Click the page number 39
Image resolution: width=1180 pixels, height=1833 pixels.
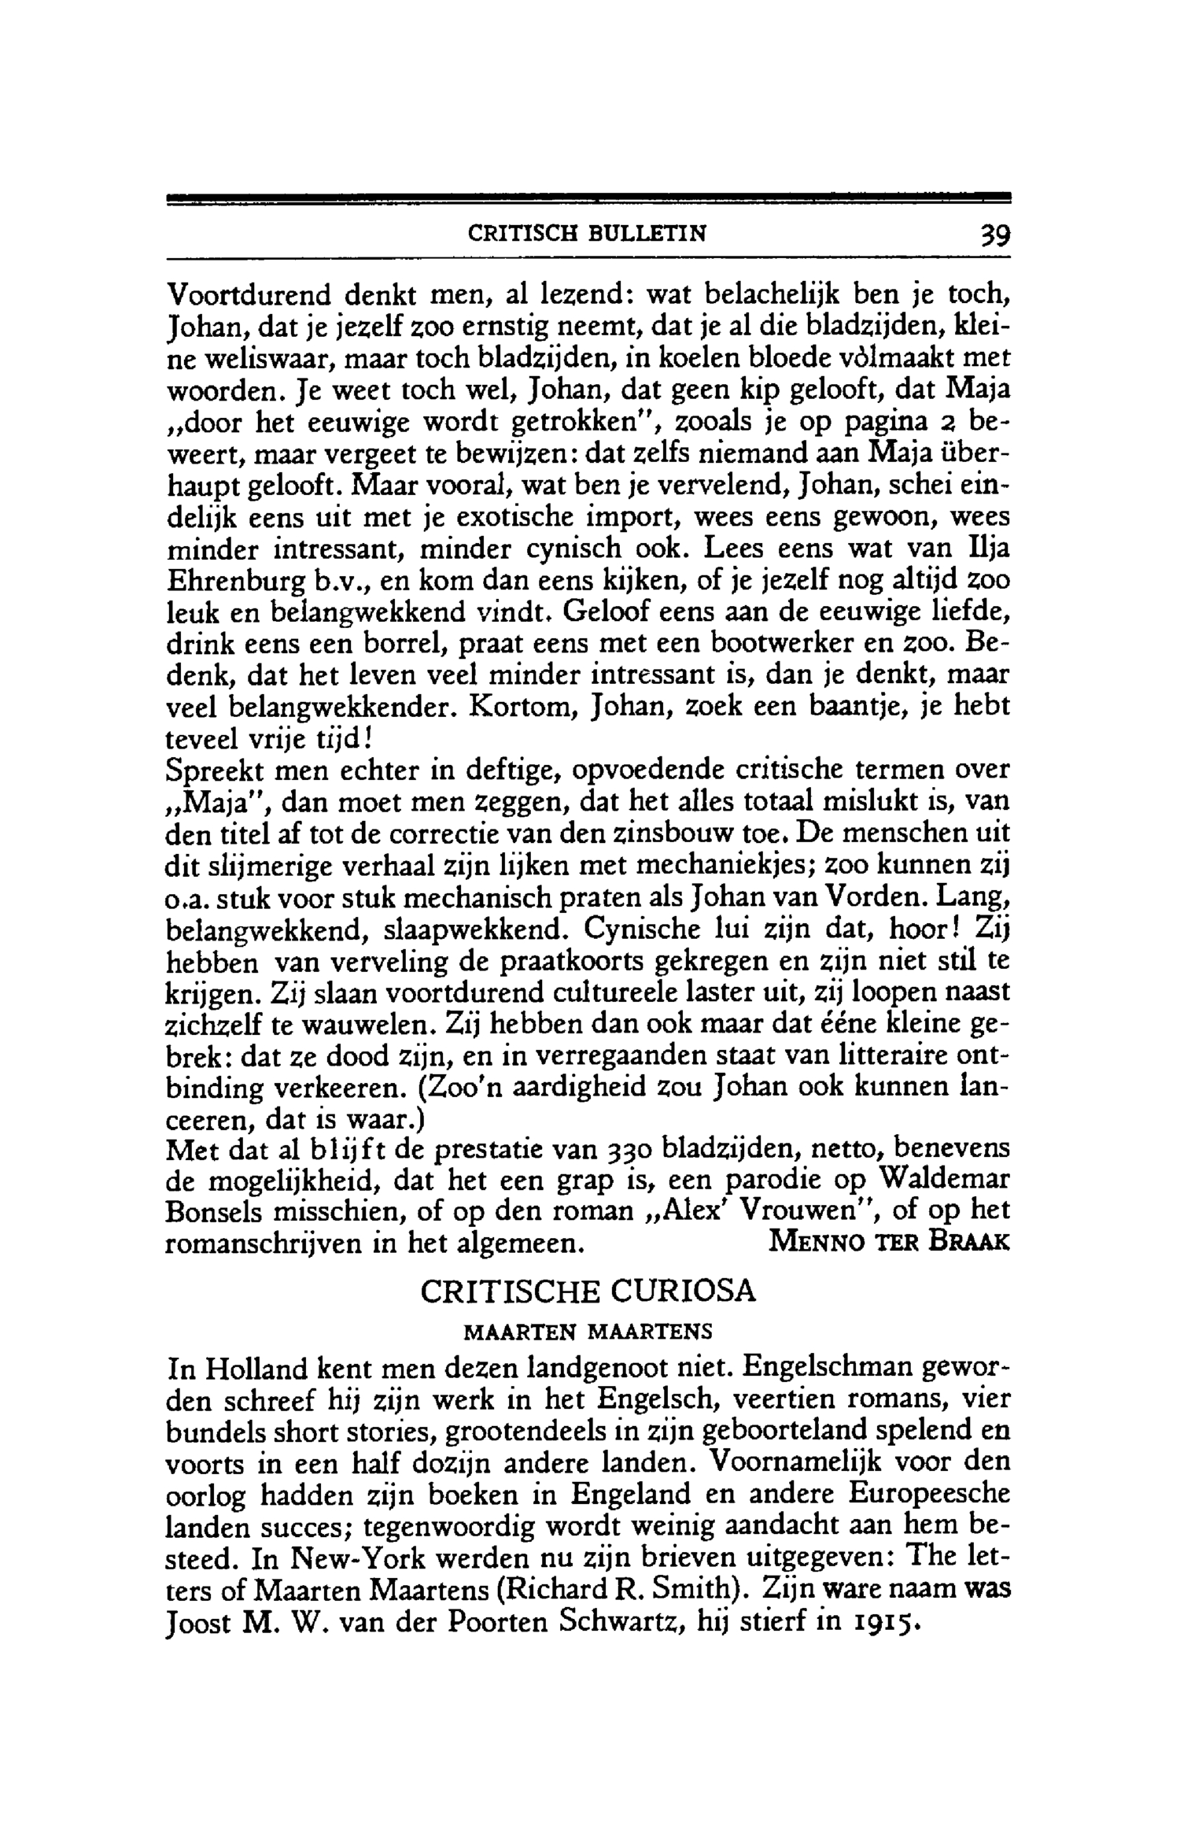994,235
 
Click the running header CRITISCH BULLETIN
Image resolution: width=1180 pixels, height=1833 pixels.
587,234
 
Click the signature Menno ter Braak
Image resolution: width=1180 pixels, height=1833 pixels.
888,1243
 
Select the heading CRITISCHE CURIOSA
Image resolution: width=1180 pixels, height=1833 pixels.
588,1292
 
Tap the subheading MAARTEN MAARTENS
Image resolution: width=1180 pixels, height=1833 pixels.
588,1332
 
